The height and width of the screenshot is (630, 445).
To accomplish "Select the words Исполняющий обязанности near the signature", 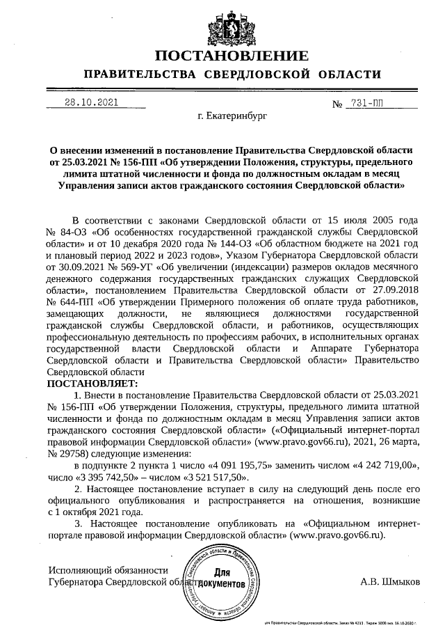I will (108, 568).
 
